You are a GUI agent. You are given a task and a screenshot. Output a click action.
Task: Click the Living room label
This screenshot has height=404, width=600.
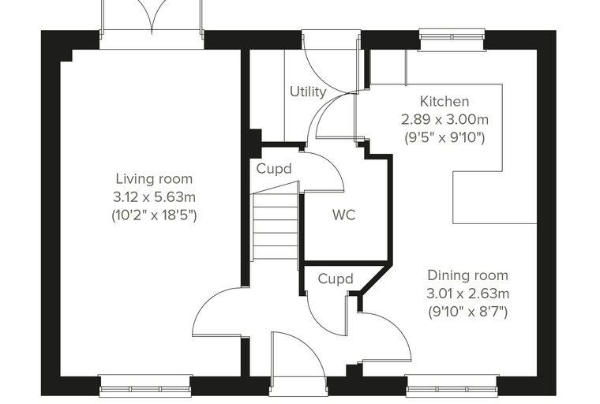154,179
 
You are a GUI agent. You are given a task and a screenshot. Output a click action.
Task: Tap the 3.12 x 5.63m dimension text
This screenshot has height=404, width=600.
154,197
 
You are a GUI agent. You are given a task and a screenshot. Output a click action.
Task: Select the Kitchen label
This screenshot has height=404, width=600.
444,101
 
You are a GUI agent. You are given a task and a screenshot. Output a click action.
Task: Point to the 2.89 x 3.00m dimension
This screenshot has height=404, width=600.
444,119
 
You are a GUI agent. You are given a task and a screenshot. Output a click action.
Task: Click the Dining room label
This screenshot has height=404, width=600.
467,275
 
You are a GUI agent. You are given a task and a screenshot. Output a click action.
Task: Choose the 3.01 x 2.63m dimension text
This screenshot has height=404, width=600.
467,294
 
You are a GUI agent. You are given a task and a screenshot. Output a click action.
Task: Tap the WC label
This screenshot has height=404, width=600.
344,215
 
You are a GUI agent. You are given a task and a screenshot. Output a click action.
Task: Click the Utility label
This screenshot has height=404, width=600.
308,92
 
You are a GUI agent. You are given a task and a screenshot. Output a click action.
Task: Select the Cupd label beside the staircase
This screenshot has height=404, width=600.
274,169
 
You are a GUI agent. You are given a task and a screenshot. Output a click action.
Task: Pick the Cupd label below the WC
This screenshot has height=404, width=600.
336,279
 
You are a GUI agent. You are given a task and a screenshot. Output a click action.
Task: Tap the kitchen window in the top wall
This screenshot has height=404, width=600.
452,37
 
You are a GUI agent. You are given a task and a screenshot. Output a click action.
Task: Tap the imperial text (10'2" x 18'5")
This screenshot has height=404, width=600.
154,215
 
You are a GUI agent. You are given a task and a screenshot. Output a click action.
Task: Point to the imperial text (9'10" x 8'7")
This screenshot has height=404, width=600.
467,312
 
